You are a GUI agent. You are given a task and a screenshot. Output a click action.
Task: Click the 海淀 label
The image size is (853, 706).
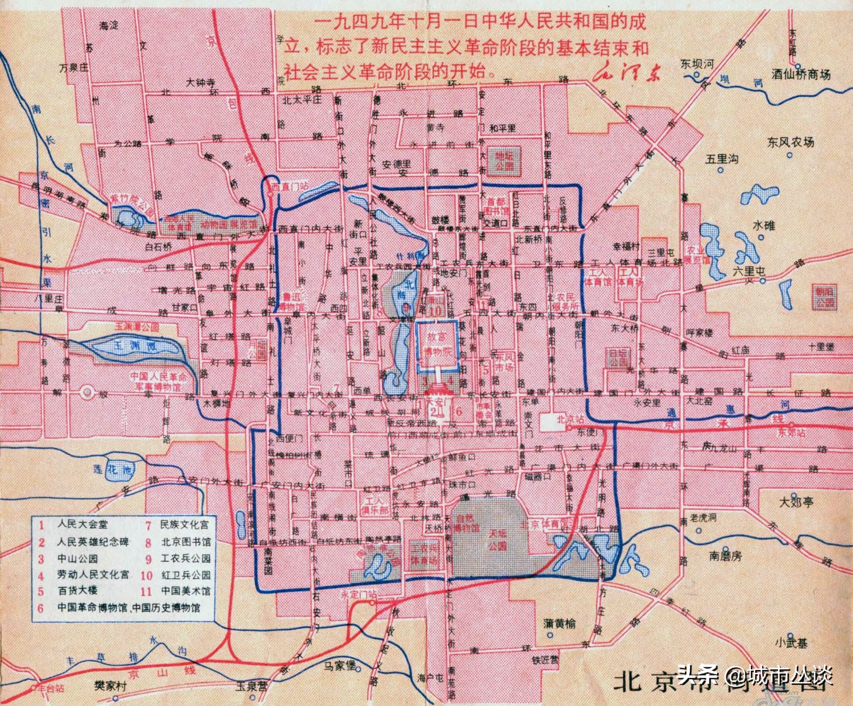[108, 26]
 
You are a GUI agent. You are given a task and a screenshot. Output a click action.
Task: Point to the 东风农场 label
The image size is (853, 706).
[790, 142]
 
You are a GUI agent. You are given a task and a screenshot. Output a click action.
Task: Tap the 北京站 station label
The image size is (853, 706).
[569, 420]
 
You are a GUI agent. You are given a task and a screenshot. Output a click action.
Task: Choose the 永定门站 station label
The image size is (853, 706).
[358, 594]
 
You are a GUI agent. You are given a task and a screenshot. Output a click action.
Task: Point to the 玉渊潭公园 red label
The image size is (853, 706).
[137, 327]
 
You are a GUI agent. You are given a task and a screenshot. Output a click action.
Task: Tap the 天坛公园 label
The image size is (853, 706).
[497, 539]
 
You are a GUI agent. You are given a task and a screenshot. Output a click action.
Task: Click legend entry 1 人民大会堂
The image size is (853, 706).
[82, 525]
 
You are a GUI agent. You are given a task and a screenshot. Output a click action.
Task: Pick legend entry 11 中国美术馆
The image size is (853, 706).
[185, 591]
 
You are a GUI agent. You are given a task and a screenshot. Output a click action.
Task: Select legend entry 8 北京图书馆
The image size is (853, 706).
[185, 542]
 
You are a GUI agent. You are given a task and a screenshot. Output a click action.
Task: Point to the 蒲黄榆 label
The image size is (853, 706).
[559, 624]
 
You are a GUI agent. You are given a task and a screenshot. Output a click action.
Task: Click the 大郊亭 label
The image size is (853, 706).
[796, 502]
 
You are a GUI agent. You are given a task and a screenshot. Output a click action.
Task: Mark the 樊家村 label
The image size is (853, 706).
[110, 686]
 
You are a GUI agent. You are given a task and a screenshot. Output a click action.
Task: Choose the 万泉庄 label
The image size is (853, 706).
[74, 67]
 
